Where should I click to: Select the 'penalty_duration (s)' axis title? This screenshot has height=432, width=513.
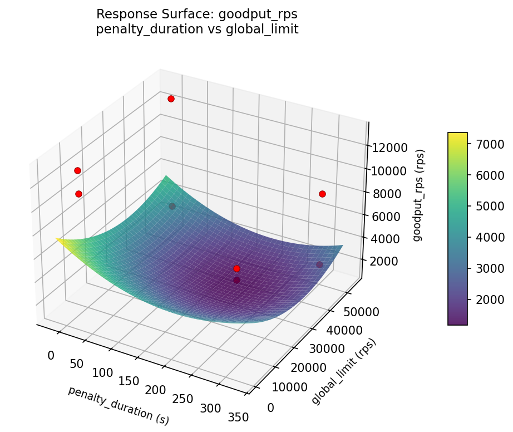click(119, 406)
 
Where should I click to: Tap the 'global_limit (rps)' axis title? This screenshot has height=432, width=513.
click(344, 371)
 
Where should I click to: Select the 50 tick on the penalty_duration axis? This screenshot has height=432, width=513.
click(77, 364)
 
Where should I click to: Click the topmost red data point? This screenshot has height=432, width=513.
click(171, 99)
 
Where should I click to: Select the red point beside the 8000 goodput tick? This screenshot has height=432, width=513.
click(322, 194)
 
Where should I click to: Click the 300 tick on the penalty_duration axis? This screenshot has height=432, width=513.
click(210, 408)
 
